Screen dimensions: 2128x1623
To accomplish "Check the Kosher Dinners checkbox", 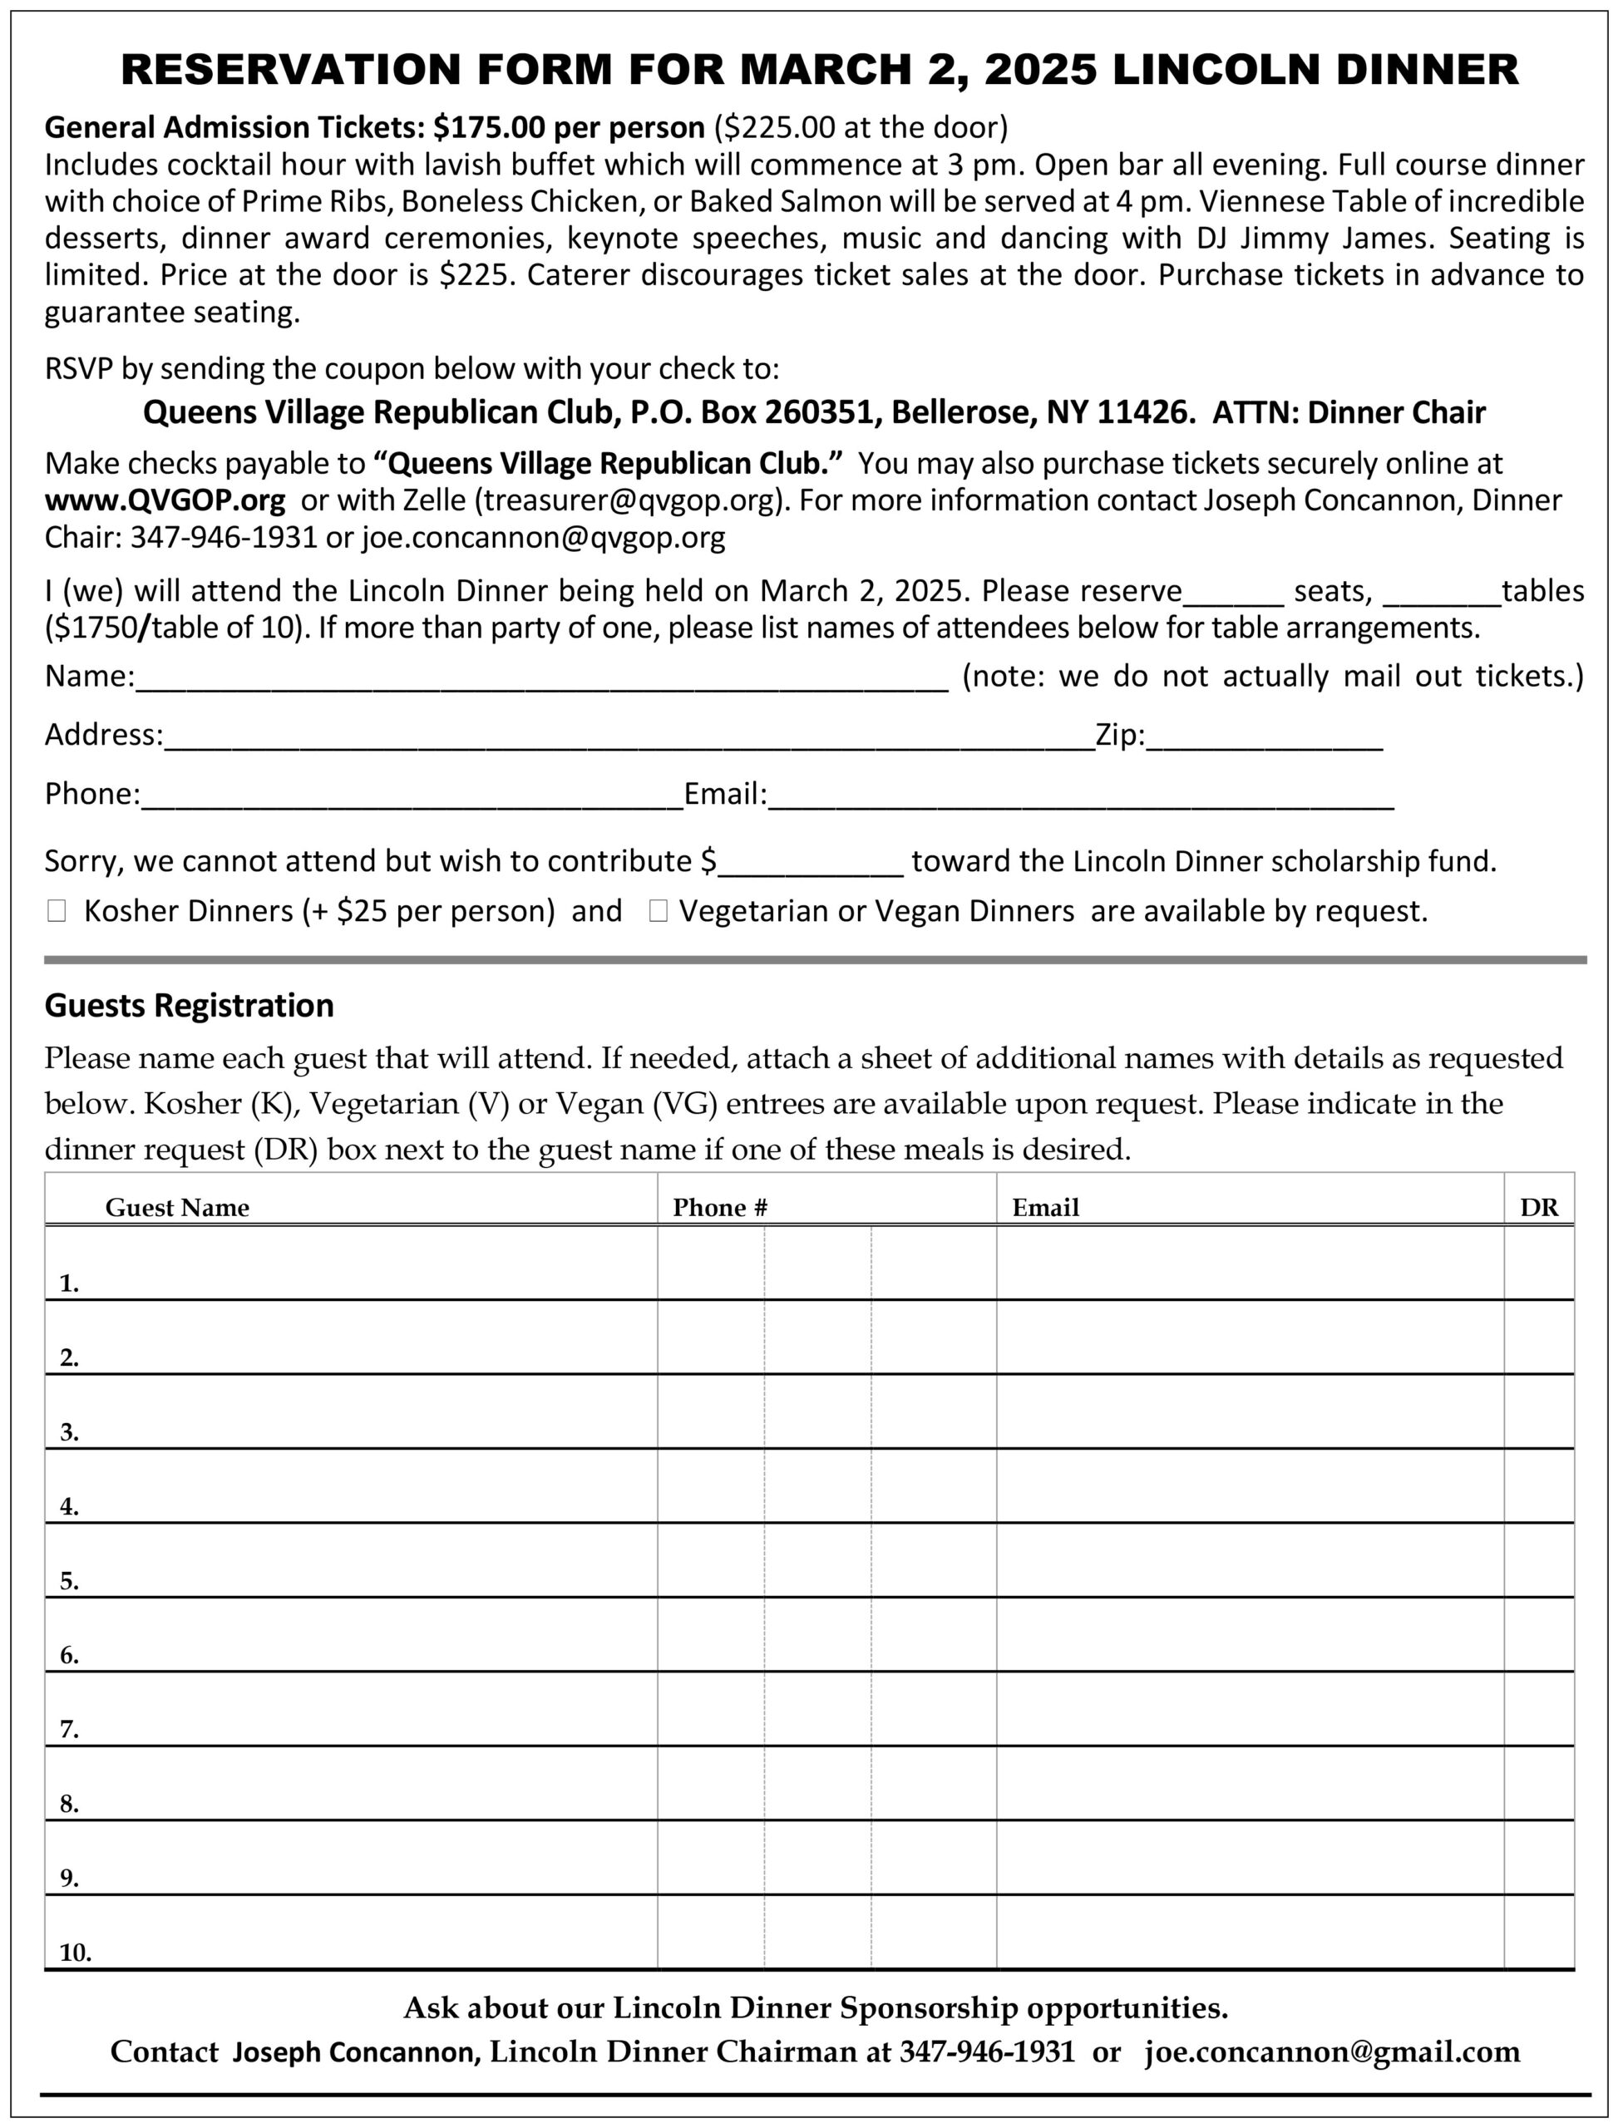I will [x=56, y=911].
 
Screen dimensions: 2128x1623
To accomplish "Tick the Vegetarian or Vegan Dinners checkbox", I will [x=658, y=911].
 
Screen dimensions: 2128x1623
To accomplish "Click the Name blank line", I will [x=541, y=679].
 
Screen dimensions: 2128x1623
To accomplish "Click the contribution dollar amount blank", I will [x=811, y=864].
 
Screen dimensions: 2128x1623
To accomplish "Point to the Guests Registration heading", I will [x=190, y=1006].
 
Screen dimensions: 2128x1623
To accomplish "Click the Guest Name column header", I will [x=177, y=1208].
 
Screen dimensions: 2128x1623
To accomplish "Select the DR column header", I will [x=1539, y=1208].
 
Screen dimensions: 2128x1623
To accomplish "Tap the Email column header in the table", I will [x=1045, y=1208].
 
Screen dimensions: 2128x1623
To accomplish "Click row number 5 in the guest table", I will [x=70, y=1581].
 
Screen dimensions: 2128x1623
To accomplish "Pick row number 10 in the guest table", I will [x=76, y=1953].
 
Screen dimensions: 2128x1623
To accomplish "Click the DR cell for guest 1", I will [x=1539, y=1263].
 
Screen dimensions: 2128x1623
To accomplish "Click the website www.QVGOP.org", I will [x=165, y=500].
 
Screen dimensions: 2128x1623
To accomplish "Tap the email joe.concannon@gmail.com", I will [x=1332, y=2051].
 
